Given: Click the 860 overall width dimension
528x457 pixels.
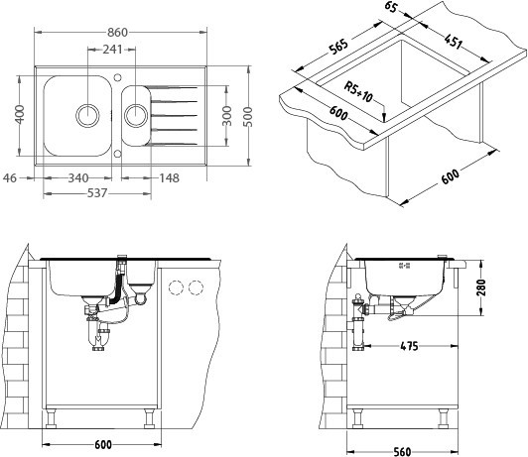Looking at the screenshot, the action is pos(117,33).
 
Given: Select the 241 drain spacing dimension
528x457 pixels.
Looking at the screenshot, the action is pos(112,50).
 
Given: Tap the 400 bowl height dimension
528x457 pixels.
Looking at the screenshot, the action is pos(20,114).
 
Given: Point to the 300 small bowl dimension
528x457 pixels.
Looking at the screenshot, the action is pos(227,116).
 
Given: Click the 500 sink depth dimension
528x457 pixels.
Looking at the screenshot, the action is pos(248,116).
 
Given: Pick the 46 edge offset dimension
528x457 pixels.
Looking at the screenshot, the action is pos(10,177).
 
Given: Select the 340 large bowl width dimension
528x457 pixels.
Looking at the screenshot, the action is pos(78,177).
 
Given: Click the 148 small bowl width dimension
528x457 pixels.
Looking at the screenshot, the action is pos(169,177).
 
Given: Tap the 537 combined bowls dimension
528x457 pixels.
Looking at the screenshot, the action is pos(97,193).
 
